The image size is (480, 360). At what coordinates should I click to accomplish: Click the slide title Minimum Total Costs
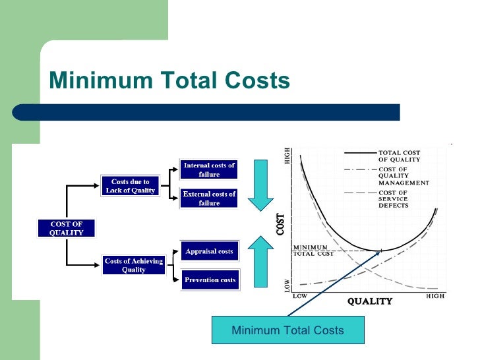tap(169, 80)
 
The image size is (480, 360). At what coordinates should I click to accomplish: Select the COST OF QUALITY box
tap(66, 228)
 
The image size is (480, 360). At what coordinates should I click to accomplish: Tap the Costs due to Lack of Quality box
tap(130, 186)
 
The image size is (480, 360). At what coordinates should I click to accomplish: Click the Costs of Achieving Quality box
tap(134, 265)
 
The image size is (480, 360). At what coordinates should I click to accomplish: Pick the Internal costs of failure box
tap(209, 169)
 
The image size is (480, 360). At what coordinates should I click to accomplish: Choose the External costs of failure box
tap(209, 198)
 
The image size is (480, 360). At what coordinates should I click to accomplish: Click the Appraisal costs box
tap(209, 251)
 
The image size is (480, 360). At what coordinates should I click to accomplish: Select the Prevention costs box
tap(210, 280)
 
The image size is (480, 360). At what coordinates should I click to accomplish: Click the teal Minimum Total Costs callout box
tap(287, 330)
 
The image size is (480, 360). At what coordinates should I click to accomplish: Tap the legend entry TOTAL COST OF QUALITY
tap(399, 156)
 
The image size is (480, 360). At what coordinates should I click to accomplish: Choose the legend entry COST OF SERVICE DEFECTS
tap(394, 198)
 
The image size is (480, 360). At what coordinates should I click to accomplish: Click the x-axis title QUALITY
tap(370, 302)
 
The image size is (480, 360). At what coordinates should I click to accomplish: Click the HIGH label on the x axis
tap(435, 296)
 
